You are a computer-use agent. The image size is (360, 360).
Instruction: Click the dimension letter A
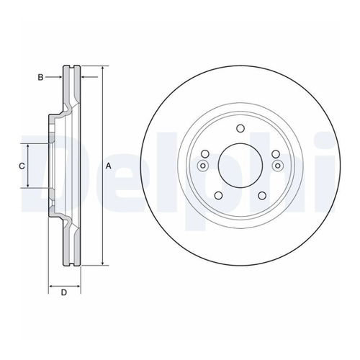(x=109, y=166)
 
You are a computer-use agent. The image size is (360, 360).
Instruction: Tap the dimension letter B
(x=40, y=77)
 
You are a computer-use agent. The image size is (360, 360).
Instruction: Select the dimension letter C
(x=22, y=166)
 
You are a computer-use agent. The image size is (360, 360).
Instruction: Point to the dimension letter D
(x=64, y=292)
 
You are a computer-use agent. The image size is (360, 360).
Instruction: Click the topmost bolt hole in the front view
(x=240, y=128)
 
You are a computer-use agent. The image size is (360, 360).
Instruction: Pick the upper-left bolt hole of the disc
(x=204, y=154)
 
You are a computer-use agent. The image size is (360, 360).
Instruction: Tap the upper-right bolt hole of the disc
(x=276, y=154)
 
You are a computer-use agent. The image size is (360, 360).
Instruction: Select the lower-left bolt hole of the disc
(x=218, y=196)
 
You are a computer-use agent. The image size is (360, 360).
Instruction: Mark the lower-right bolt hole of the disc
(x=262, y=196)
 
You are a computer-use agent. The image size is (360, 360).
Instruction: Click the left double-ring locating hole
(x=203, y=166)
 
